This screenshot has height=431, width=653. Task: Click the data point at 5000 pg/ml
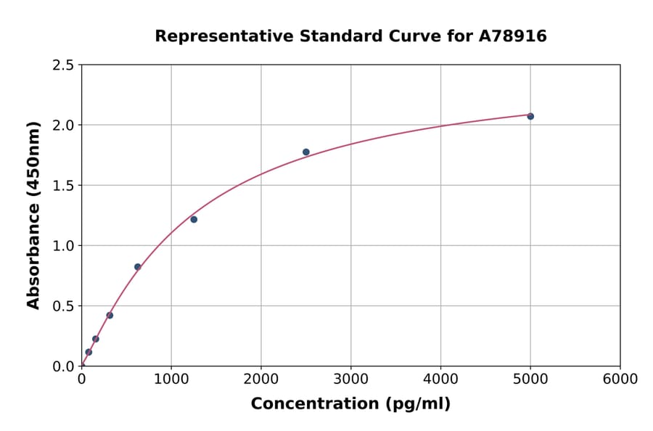530,116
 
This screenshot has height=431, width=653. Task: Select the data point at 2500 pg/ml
306,152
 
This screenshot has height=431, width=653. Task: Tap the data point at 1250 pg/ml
194,219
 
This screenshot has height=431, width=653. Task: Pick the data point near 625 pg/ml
138,266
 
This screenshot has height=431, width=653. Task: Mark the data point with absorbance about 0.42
110,315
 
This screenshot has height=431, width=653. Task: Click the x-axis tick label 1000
171,379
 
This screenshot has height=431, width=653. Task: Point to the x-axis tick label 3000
350,379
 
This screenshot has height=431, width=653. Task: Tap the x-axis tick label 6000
620,379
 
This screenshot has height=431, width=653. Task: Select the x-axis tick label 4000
440,379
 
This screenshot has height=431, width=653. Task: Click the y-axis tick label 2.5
63,65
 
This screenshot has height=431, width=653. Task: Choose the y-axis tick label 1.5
63,186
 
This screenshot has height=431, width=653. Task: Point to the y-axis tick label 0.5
63,306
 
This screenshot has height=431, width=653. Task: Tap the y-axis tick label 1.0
63,246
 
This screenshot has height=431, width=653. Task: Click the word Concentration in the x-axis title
307,404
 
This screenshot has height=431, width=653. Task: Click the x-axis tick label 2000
261,379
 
